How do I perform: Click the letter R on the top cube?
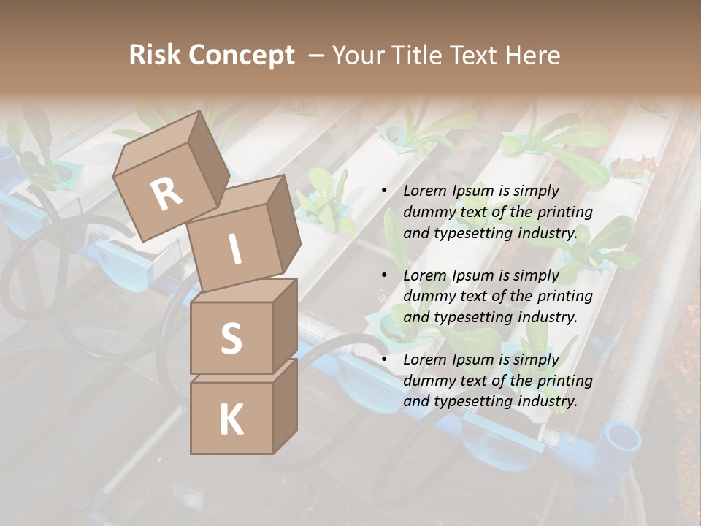point(166,194)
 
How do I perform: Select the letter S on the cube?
point(231,338)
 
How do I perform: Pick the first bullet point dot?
point(384,191)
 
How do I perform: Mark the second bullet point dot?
point(384,275)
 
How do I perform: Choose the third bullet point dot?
point(384,359)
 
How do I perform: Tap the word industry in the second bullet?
point(548,317)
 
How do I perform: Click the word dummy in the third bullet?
point(427,381)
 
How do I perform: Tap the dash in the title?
point(318,55)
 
